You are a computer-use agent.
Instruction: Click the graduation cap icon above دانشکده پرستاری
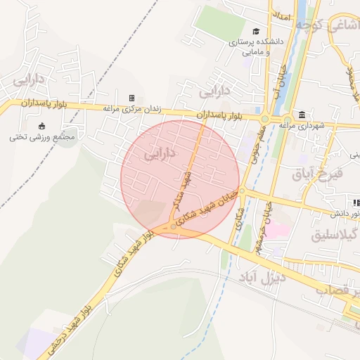pyautogui.click(x=256, y=31)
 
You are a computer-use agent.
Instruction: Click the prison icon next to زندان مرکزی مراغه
pyautogui.click(x=131, y=98)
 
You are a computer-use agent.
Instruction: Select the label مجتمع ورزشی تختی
pyautogui.click(x=42, y=136)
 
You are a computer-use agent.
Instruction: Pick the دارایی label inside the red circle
pyautogui.click(x=160, y=153)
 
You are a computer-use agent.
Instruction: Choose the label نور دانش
pyautogui.click(x=335, y=213)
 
